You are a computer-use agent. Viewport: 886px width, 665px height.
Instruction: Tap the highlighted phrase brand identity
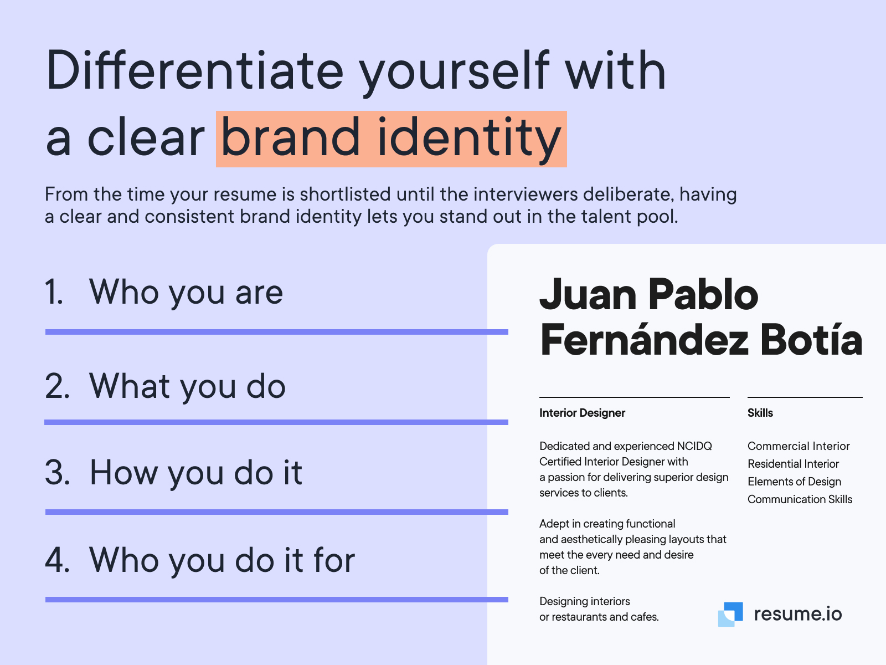[391, 139]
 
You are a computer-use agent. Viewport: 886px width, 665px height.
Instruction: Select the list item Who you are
[186, 292]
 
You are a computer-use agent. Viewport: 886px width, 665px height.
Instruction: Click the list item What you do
[187, 386]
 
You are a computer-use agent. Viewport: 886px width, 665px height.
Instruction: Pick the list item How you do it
[195, 473]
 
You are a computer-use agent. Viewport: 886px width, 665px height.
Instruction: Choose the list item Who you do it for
[221, 560]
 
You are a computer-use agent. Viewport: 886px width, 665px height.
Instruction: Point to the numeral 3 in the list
[57, 473]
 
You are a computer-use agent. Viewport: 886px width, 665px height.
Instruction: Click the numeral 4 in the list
[57, 560]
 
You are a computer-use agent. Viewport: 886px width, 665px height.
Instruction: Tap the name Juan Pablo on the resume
[648, 294]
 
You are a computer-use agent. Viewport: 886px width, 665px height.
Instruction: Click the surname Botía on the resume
[811, 340]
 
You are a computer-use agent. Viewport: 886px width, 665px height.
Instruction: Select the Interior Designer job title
[582, 413]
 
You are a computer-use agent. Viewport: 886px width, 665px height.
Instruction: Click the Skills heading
[760, 413]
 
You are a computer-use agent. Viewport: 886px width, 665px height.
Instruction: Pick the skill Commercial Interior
[798, 446]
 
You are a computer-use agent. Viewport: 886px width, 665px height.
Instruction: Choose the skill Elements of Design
[794, 482]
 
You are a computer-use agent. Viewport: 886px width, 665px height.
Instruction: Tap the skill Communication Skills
[800, 499]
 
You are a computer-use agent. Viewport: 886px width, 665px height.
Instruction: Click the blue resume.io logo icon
[730, 614]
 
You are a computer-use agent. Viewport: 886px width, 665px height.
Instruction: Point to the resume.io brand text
[797, 614]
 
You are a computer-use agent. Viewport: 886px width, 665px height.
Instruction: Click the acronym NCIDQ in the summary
[694, 446]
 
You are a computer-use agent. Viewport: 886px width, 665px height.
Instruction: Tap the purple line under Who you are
[276, 332]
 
